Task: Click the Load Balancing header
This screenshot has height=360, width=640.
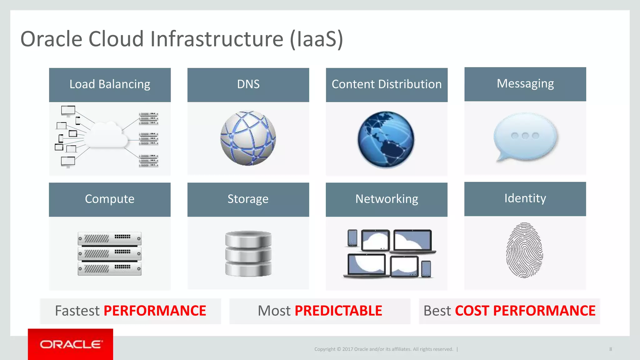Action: [110, 84]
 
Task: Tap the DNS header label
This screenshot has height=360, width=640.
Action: [248, 84]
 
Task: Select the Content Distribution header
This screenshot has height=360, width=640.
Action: [387, 84]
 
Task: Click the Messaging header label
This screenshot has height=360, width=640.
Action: [525, 84]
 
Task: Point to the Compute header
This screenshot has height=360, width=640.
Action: [110, 199]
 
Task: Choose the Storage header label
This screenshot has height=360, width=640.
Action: [248, 199]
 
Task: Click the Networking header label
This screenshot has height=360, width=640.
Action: [387, 199]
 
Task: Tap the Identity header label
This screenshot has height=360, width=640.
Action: [525, 198]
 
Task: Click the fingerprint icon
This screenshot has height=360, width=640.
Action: [524, 250]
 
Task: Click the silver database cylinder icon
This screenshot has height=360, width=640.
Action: [248, 253]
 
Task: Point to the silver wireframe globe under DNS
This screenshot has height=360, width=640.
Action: [248, 138]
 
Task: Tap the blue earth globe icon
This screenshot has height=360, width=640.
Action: [386, 139]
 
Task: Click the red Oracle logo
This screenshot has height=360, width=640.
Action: [71, 344]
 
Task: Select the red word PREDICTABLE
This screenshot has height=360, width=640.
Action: [338, 311]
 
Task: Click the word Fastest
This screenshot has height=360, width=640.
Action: [77, 311]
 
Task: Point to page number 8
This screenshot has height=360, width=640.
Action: [610, 349]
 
